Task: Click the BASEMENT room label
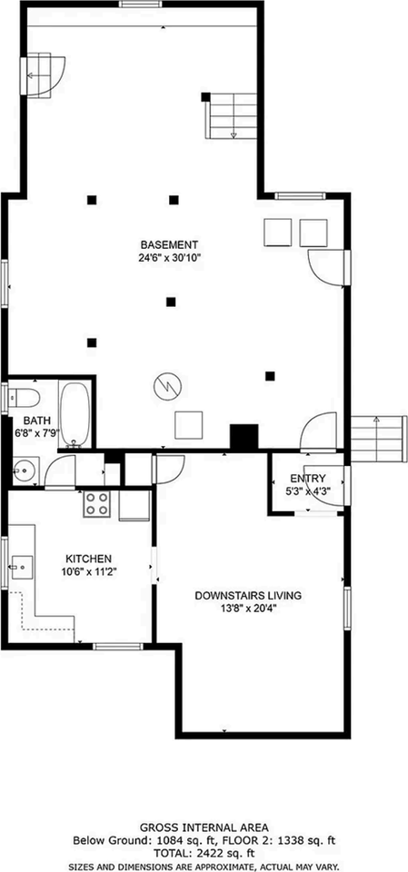(x=169, y=244)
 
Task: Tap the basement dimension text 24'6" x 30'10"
(x=169, y=257)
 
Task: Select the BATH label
(x=37, y=421)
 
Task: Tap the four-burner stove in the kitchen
(x=97, y=503)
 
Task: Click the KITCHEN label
(x=88, y=558)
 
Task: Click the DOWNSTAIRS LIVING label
(x=248, y=596)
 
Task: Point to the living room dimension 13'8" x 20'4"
(x=248, y=609)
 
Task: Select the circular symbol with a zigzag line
(x=165, y=385)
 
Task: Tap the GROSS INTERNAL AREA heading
(x=204, y=827)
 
